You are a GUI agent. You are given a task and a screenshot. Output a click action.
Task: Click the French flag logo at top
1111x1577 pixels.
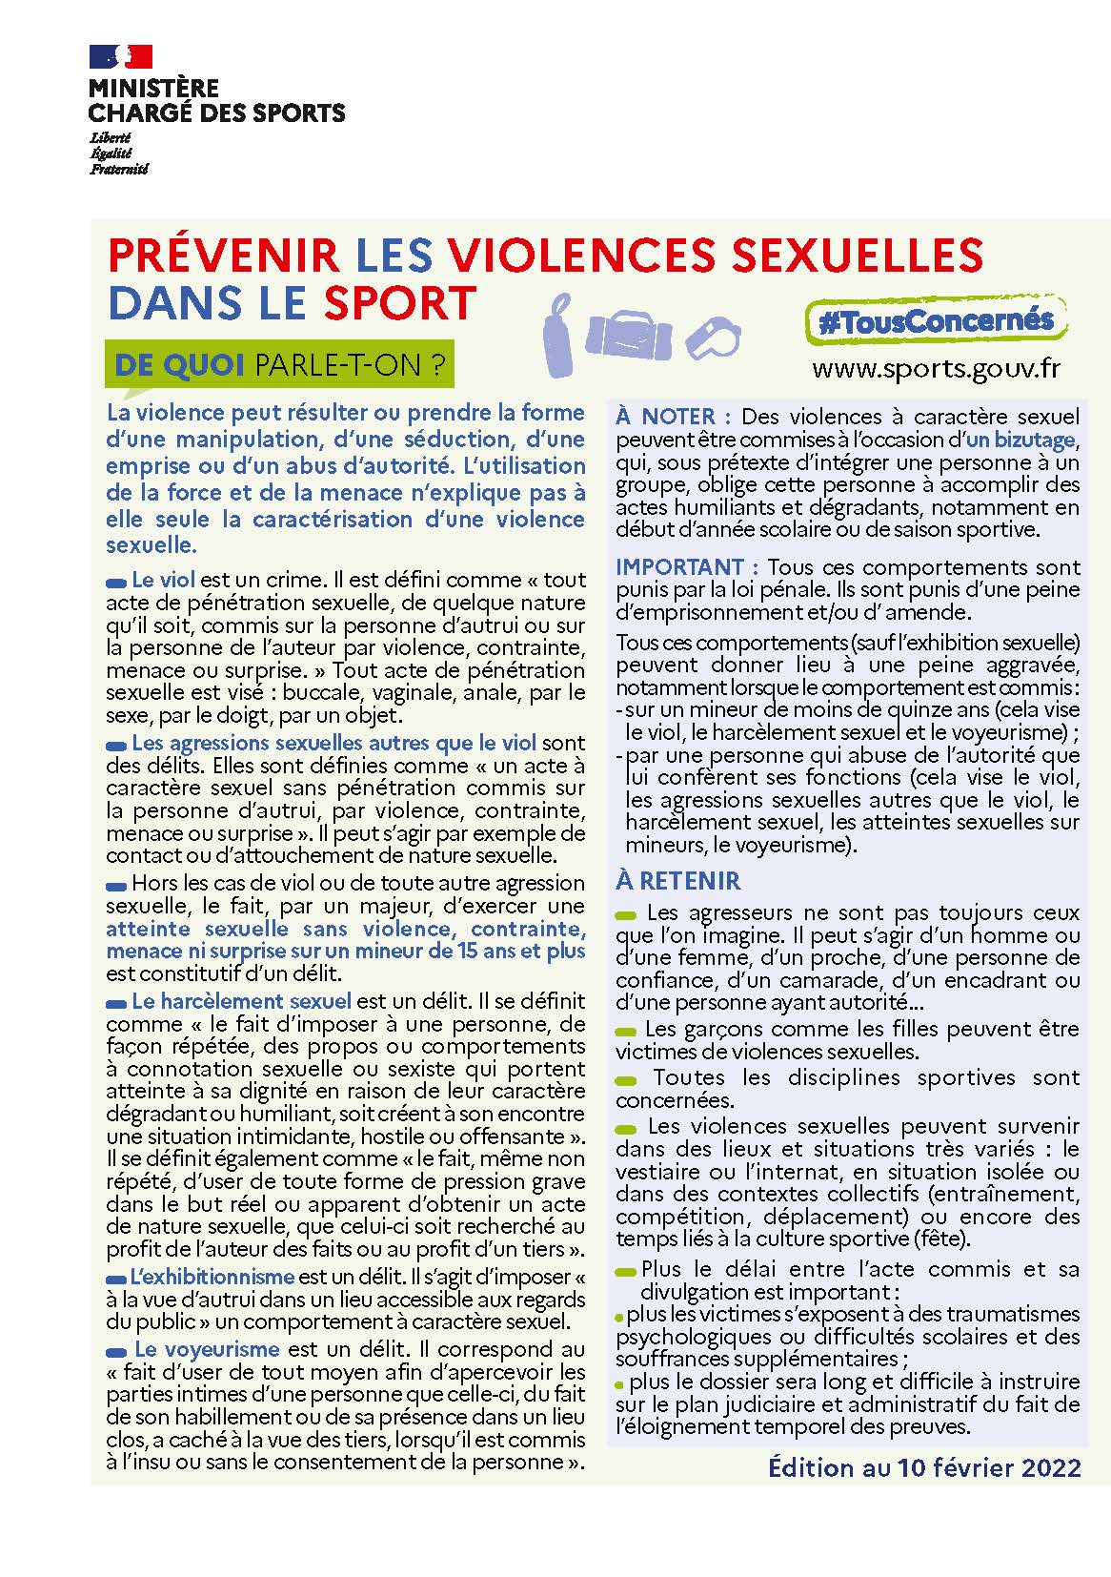click(x=120, y=56)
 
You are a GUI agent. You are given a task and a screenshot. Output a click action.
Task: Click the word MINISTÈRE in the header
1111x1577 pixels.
click(x=153, y=89)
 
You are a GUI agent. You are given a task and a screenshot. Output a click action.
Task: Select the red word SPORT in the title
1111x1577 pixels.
click(x=399, y=302)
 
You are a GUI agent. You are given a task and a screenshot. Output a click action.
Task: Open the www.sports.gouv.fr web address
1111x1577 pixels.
click(x=936, y=369)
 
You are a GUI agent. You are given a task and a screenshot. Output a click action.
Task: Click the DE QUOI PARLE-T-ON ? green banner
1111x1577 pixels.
click(x=281, y=365)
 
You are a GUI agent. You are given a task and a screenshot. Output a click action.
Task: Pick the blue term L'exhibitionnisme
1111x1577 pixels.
click(x=212, y=1277)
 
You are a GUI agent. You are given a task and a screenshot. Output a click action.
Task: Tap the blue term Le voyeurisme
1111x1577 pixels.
click(x=207, y=1349)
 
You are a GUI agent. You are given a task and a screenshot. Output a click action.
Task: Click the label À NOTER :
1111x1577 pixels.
click(x=674, y=417)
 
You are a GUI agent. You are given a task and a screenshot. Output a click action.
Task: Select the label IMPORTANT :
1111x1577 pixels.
click(x=687, y=567)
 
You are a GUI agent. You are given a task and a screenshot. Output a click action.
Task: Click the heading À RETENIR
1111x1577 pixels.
click(x=677, y=881)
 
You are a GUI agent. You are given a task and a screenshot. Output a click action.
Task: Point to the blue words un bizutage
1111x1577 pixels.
click(x=1020, y=440)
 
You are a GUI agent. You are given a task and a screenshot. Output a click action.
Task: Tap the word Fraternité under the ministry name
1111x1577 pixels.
click(x=119, y=170)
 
